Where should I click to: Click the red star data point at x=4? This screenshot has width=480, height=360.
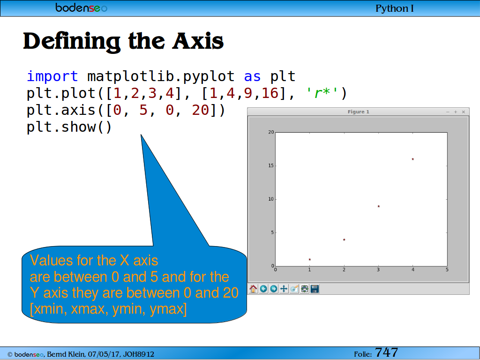412,159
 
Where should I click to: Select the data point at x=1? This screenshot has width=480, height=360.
310,260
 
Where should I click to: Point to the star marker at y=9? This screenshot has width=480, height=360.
379,206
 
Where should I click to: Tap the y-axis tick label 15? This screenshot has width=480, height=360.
271,165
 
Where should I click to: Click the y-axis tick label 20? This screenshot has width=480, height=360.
271,132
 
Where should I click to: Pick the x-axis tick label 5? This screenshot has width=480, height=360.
447,270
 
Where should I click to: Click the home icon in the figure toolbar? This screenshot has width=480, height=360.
253,289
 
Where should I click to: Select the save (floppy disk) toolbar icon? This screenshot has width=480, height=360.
315,289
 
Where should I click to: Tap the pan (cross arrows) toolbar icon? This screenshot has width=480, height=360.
284,289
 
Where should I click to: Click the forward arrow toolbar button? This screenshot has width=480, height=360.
274,289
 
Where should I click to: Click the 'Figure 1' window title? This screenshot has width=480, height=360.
359,112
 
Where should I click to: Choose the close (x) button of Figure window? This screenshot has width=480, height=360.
464,112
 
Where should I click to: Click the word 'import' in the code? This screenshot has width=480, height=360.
52,76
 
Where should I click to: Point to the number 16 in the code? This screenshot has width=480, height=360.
270,93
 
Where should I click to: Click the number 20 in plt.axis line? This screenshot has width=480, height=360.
201,110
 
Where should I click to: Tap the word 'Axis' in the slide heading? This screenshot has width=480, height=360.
198,41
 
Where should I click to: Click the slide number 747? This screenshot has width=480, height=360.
386,352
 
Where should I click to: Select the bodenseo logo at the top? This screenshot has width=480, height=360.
82,7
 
